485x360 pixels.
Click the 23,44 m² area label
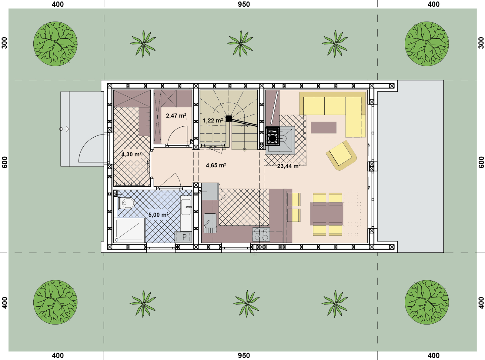pyautogui.click(x=289, y=166)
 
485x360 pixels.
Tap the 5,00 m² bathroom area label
pyautogui.click(x=158, y=215)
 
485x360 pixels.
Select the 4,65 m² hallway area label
pyautogui.click(x=216, y=165)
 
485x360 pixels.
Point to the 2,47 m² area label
pyautogui.click(x=176, y=115)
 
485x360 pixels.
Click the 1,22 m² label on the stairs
pyautogui.click(x=213, y=120)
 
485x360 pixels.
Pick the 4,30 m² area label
pyautogui.click(x=131, y=154)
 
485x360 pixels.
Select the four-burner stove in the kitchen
pyautogui.click(x=261, y=234)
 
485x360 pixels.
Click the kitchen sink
pyautogui.click(x=210, y=223)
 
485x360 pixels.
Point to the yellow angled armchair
pyautogui.click(x=341, y=155)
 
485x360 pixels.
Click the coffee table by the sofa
pyautogui.click(x=323, y=128)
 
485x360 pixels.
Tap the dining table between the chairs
pyautogui.click(x=326, y=214)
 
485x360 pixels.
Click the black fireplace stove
pyautogui.click(x=273, y=136)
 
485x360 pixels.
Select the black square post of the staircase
pyautogui.click(x=229, y=118)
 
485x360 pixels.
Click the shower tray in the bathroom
pyautogui.click(x=129, y=230)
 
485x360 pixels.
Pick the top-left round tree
pyautogui.click(x=55, y=44)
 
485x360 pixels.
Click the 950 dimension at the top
pyautogui.click(x=244, y=4)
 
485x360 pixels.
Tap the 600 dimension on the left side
pyautogui.click(x=5, y=162)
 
